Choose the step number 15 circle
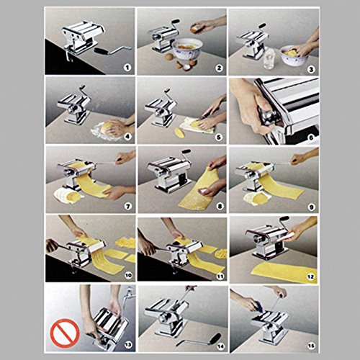click(310, 342)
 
